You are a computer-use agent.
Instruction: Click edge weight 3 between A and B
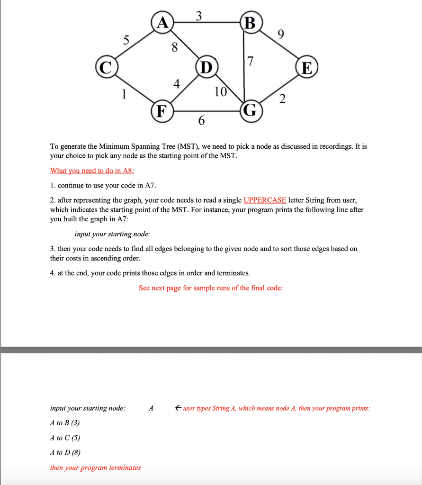(199, 15)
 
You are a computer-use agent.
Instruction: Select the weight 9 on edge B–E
(281, 34)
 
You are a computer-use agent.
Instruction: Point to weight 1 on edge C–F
(125, 94)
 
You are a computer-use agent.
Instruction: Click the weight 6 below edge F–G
(201, 122)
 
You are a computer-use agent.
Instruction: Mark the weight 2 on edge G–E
(282, 99)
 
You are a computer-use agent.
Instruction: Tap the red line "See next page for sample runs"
(211, 288)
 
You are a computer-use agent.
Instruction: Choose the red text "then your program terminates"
(95, 467)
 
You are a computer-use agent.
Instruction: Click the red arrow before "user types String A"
(178, 408)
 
